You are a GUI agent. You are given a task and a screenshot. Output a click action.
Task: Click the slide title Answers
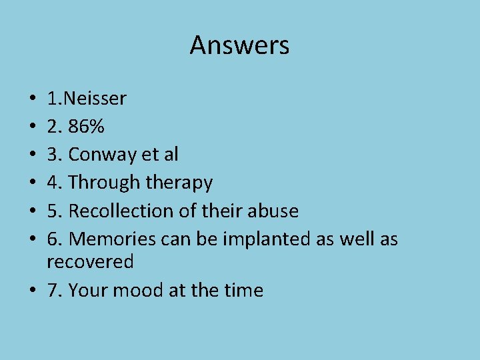(239, 45)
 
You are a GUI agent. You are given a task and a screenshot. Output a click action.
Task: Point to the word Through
(103, 183)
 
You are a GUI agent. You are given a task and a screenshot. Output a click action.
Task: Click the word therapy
(179, 183)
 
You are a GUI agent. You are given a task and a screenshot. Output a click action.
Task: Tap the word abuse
(273, 211)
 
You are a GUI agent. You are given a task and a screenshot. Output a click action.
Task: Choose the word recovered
(90, 262)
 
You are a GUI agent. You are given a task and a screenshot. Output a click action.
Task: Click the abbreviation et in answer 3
(151, 155)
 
